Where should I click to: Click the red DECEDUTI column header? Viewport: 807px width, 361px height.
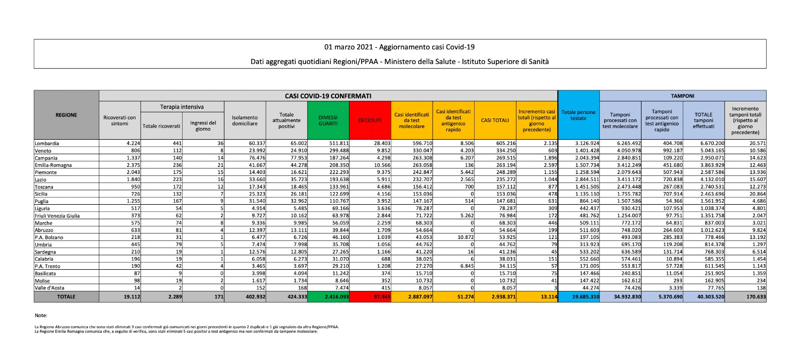click(x=370, y=121)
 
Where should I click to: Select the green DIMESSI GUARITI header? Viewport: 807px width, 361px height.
click(x=328, y=121)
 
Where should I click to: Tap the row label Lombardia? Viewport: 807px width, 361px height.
click(x=47, y=144)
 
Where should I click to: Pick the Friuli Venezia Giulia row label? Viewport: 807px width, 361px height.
click(x=57, y=216)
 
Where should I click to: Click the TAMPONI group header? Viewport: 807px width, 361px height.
click(x=682, y=96)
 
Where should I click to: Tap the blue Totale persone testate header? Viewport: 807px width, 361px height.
click(x=579, y=115)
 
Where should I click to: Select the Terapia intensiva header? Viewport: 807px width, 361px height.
click(x=182, y=107)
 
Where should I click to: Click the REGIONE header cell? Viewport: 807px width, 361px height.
click(x=66, y=115)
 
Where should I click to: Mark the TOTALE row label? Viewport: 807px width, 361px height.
click(x=66, y=297)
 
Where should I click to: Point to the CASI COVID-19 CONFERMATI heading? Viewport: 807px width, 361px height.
click(x=328, y=96)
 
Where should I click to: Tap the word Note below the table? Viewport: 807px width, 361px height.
click(x=41, y=316)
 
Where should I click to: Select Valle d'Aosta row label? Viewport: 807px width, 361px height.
click(x=50, y=288)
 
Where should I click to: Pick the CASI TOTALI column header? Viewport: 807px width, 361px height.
click(x=495, y=121)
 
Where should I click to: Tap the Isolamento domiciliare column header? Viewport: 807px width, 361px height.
click(x=245, y=121)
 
